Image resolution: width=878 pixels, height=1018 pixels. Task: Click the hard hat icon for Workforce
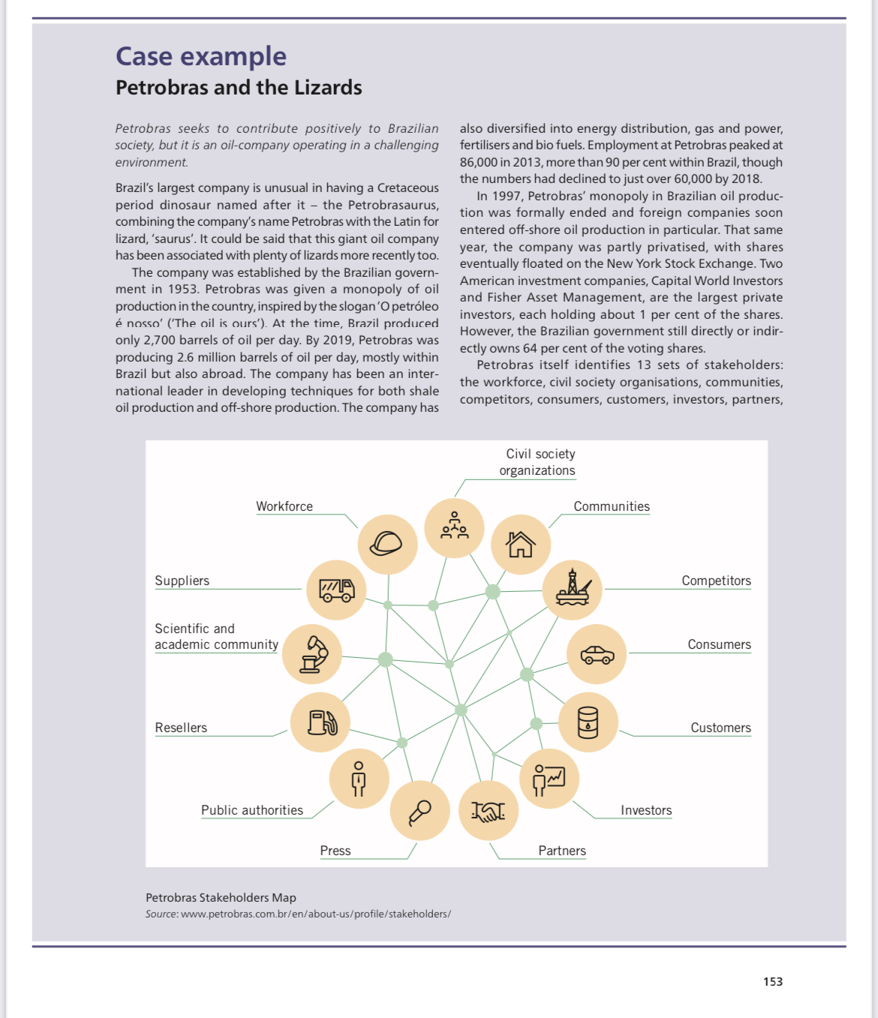point(387,544)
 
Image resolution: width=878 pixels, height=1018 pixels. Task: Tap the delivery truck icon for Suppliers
point(337,590)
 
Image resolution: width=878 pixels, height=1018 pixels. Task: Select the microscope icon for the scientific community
point(312,653)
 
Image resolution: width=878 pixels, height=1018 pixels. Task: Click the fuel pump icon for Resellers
point(321,722)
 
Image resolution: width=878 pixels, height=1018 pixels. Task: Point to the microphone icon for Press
point(419,812)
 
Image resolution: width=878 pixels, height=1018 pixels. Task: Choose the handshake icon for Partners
point(488,811)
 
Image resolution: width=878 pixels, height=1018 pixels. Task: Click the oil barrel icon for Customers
point(588,722)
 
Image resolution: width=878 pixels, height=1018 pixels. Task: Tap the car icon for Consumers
point(597,654)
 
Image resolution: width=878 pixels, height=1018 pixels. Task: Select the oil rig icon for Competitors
point(573,589)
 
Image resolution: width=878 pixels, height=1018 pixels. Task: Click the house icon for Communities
point(520,544)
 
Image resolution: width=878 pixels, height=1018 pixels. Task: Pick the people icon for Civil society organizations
point(454,527)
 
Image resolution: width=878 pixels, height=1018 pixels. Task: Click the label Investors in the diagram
point(646,810)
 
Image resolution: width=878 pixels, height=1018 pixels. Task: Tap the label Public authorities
point(252,810)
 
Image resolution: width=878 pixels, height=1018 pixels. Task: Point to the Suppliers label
point(182,581)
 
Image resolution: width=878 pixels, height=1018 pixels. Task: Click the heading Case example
point(201,56)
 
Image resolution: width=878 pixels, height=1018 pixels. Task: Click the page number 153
point(772,981)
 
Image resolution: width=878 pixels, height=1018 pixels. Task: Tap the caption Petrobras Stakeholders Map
point(221,897)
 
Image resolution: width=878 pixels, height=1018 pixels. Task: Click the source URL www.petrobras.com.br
point(315,914)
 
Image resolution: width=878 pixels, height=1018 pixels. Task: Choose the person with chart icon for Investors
point(549,779)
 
